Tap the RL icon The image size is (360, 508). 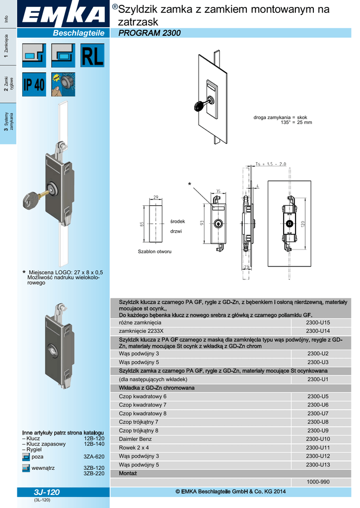pyautogui.click(x=92, y=56)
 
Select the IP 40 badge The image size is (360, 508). pyautogui.click(x=34, y=85)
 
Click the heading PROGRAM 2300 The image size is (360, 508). pyautogui.click(x=149, y=33)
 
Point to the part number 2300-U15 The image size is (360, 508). pyautogui.click(x=318, y=322)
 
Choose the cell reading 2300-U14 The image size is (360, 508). pyautogui.click(x=318, y=331)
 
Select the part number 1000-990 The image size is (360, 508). pyautogui.click(x=318, y=482)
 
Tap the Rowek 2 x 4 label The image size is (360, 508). pyautogui.click(x=134, y=447)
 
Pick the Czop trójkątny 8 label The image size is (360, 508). pyautogui.click(x=139, y=431)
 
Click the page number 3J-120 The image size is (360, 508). pyautogui.click(x=47, y=492)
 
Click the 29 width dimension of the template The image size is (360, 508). pyautogui.click(x=156, y=197)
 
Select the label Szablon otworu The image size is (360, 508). pyautogui.click(x=154, y=252)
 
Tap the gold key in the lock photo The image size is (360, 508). pyautogui.click(x=34, y=198)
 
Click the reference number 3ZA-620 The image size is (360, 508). pyautogui.click(x=94, y=456)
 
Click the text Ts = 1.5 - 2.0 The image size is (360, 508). pyautogui.click(x=271, y=164)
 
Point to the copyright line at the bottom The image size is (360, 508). pyautogui.click(x=231, y=492)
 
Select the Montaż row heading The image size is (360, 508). pyautogui.click(x=128, y=473)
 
